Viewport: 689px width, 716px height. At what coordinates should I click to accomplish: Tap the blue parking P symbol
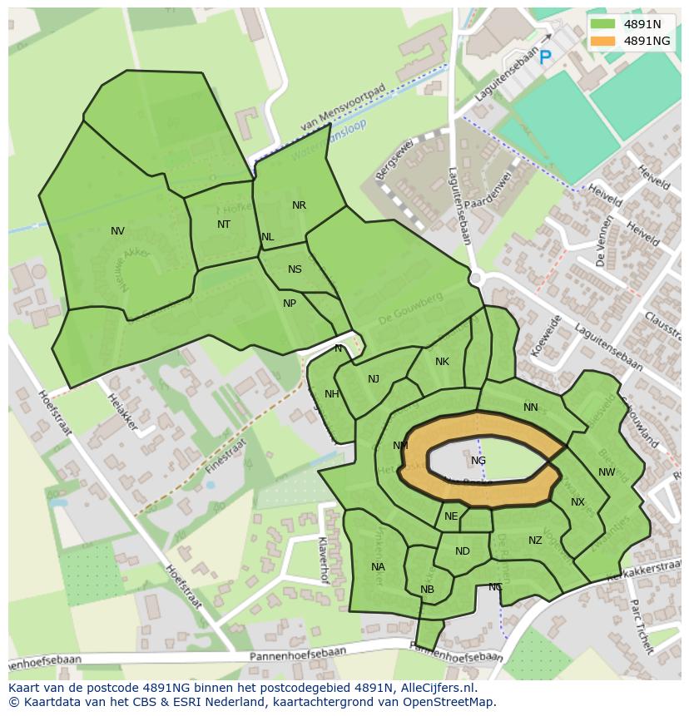click(x=545, y=57)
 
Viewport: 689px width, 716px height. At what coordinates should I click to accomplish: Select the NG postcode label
click(x=478, y=461)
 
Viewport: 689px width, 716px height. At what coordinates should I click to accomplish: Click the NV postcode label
click(x=117, y=231)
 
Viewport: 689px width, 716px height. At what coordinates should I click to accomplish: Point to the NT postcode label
click(x=224, y=225)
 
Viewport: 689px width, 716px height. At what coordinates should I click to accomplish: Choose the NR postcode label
click(x=299, y=205)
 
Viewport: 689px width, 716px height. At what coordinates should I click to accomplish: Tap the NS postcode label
click(x=295, y=269)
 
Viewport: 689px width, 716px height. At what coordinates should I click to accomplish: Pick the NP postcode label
click(x=289, y=304)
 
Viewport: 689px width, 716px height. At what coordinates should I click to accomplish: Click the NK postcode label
click(x=442, y=362)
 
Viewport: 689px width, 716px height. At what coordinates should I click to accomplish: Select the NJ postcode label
click(x=374, y=379)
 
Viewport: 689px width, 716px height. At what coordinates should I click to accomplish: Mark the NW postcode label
click(x=607, y=472)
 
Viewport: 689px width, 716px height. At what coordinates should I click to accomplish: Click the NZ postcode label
click(x=535, y=541)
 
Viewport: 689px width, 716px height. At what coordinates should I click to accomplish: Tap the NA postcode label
click(x=378, y=567)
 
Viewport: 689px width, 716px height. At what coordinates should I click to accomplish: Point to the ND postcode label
click(x=463, y=551)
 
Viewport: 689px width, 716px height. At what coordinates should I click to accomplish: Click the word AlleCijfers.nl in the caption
click(x=434, y=688)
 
